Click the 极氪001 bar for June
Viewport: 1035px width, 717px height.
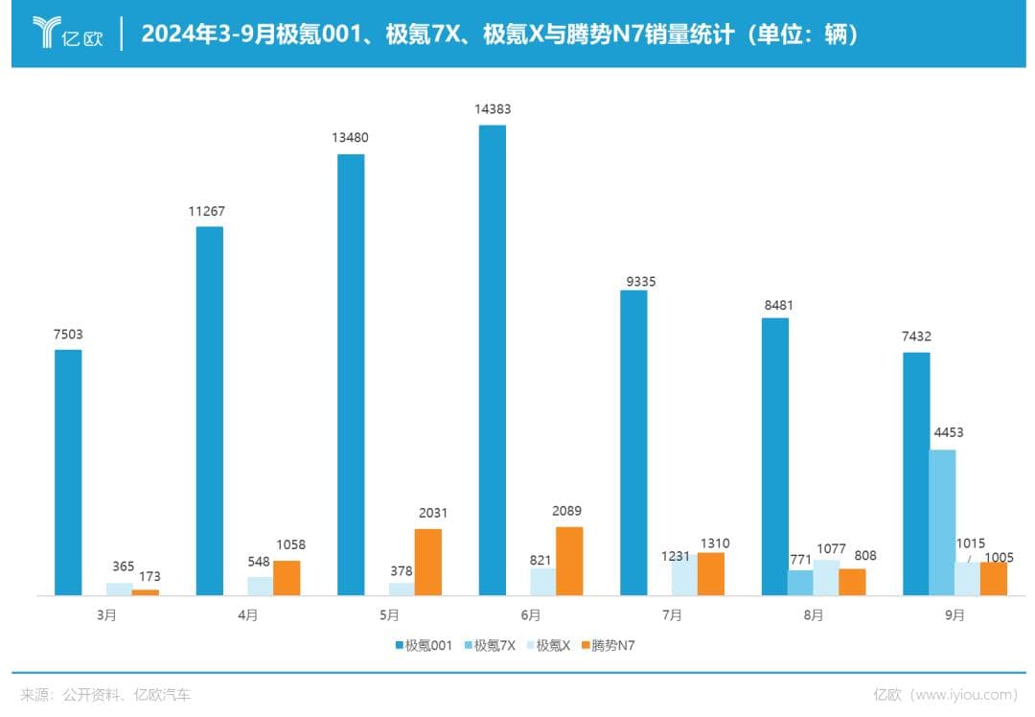coord(492,360)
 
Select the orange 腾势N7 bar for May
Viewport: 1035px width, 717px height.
coord(428,562)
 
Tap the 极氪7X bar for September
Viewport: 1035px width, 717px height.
coord(942,522)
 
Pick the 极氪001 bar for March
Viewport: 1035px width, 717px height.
coord(68,473)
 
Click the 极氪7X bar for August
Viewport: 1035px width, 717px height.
coord(800,583)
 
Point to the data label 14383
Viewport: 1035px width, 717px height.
coord(493,109)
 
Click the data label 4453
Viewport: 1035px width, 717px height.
coord(948,432)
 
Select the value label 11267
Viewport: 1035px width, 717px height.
coord(208,211)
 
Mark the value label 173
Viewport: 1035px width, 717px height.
coord(149,576)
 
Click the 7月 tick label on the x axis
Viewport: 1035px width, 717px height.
coord(672,615)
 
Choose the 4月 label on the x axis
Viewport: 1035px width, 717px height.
coord(247,615)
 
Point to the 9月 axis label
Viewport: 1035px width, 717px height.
coord(954,615)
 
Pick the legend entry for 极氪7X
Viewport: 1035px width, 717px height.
coord(489,645)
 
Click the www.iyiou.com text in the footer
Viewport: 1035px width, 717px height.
coord(963,694)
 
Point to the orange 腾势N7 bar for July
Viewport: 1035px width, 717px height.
coord(711,573)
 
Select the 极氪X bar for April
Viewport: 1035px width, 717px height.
coord(260,586)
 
